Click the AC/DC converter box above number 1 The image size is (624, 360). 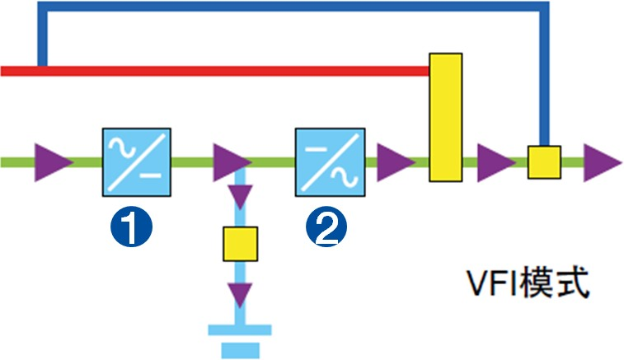pyautogui.click(x=136, y=161)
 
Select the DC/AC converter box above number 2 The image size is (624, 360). pyautogui.click(x=330, y=161)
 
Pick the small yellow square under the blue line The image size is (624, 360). pyautogui.click(x=544, y=161)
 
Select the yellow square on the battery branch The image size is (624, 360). pyautogui.click(x=241, y=244)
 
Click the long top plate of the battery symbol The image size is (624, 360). pyautogui.click(x=241, y=331)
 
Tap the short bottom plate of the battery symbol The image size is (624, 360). pyautogui.click(x=241, y=350)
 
